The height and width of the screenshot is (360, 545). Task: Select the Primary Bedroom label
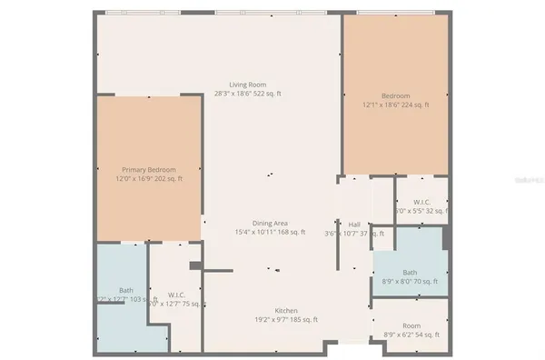pyautogui.click(x=149, y=170)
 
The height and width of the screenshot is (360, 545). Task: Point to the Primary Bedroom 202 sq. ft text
pyautogui.click(x=149, y=179)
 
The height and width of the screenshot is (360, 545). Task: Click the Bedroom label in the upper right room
pyautogui.click(x=395, y=96)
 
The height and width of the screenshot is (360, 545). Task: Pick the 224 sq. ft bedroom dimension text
pyautogui.click(x=395, y=105)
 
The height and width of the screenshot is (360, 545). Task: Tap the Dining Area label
pyautogui.click(x=271, y=224)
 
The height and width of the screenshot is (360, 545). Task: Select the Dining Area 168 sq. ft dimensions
pyautogui.click(x=271, y=233)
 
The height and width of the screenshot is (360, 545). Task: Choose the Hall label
pyautogui.click(x=354, y=224)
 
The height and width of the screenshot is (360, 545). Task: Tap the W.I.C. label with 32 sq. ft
pyautogui.click(x=421, y=202)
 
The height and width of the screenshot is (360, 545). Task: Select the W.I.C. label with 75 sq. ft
pyautogui.click(x=177, y=295)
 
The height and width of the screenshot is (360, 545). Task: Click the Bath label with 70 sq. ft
pyautogui.click(x=411, y=272)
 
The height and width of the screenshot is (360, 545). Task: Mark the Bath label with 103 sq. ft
pyautogui.click(x=125, y=290)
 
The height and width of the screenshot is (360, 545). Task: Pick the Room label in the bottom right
pyautogui.click(x=411, y=326)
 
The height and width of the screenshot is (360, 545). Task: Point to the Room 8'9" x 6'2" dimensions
pyautogui.click(x=411, y=335)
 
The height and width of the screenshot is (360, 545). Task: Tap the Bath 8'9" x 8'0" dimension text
pyautogui.click(x=411, y=281)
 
